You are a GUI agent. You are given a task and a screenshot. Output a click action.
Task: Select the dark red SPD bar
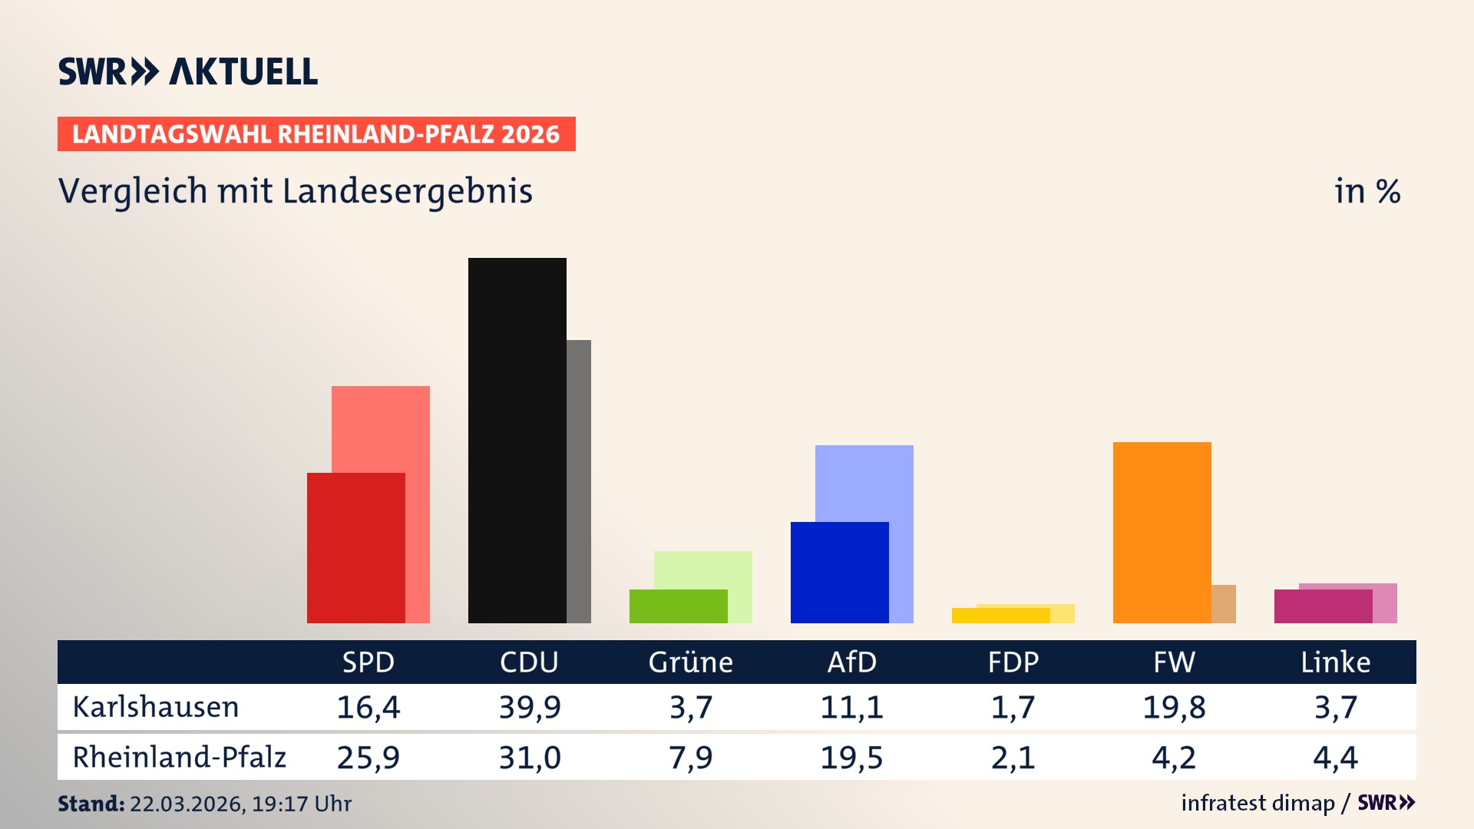pyautogui.click(x=355, y=547)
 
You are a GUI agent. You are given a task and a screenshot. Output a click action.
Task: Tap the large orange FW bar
pyautogui.click(x=1162, y=532)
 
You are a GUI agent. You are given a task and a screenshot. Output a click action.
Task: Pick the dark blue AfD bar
pyautogui.click(x=839, y=572)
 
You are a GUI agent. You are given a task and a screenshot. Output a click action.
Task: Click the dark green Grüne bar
pyautogui.click(x=678, y=606)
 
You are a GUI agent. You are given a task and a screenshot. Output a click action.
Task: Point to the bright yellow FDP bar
pyautogui.click(x=1000, y=616)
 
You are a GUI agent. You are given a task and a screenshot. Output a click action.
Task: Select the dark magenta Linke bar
pyautogui.click(x=1323, y=606)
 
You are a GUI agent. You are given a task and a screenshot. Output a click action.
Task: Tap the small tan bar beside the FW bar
pyautogui.click(x=1224, y=603)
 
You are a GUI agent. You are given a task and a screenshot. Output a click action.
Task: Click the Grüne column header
pyautogui.click(x=690, y=662)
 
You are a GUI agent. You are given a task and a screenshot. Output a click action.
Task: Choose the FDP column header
pyautogui.click(x=1013, y=662)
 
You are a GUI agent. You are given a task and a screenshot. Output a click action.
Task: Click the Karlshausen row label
pyautogui.click(x=156, y=707)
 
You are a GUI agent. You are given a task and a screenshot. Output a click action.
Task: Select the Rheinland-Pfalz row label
pyautogui.click(x=179, y=757)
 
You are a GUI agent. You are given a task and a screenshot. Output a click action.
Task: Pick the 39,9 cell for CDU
pyautogui.click(x=530, y=707)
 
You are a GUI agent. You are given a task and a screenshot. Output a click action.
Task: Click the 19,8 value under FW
pyautogui.click(x=1174, y=707)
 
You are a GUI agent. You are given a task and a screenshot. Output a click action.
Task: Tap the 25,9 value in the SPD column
pyautogui.click(x=368, y=758)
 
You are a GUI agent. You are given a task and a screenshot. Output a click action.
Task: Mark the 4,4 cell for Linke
pyautogui.click(x=1335, y=758)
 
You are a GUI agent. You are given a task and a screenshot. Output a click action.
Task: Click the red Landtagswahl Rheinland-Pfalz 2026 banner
pyautogui.click(x=316, y=134)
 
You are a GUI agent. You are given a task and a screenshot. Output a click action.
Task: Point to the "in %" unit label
pyautogui.click(x=1367, y=191)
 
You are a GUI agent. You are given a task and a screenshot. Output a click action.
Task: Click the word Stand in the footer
pyautogui.click(x=91, y=804)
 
